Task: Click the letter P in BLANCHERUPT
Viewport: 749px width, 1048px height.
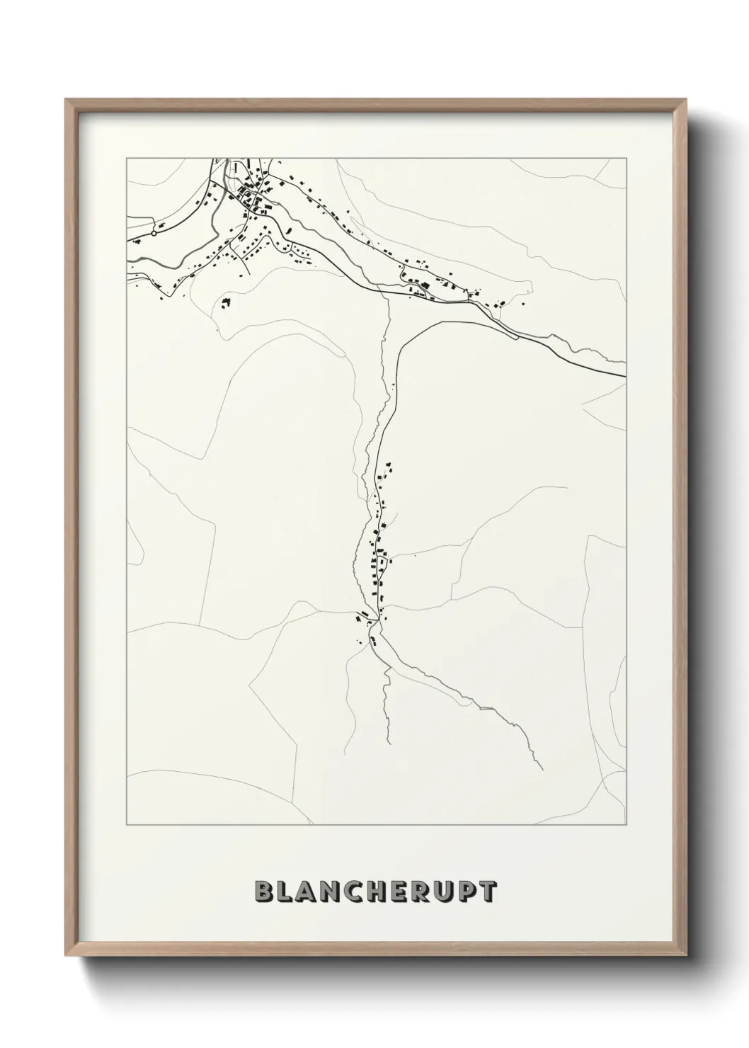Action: point(468,892)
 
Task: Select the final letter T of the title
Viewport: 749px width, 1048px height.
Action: point(488,892)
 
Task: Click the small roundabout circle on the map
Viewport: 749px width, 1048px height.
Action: point(154,232)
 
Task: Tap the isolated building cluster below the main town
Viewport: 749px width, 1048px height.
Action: point(226,303)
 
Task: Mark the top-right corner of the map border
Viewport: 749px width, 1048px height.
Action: point(626,158)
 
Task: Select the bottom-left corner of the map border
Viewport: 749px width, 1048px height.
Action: point(127,825)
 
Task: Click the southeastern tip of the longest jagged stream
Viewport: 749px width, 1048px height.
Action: point(542,769)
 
